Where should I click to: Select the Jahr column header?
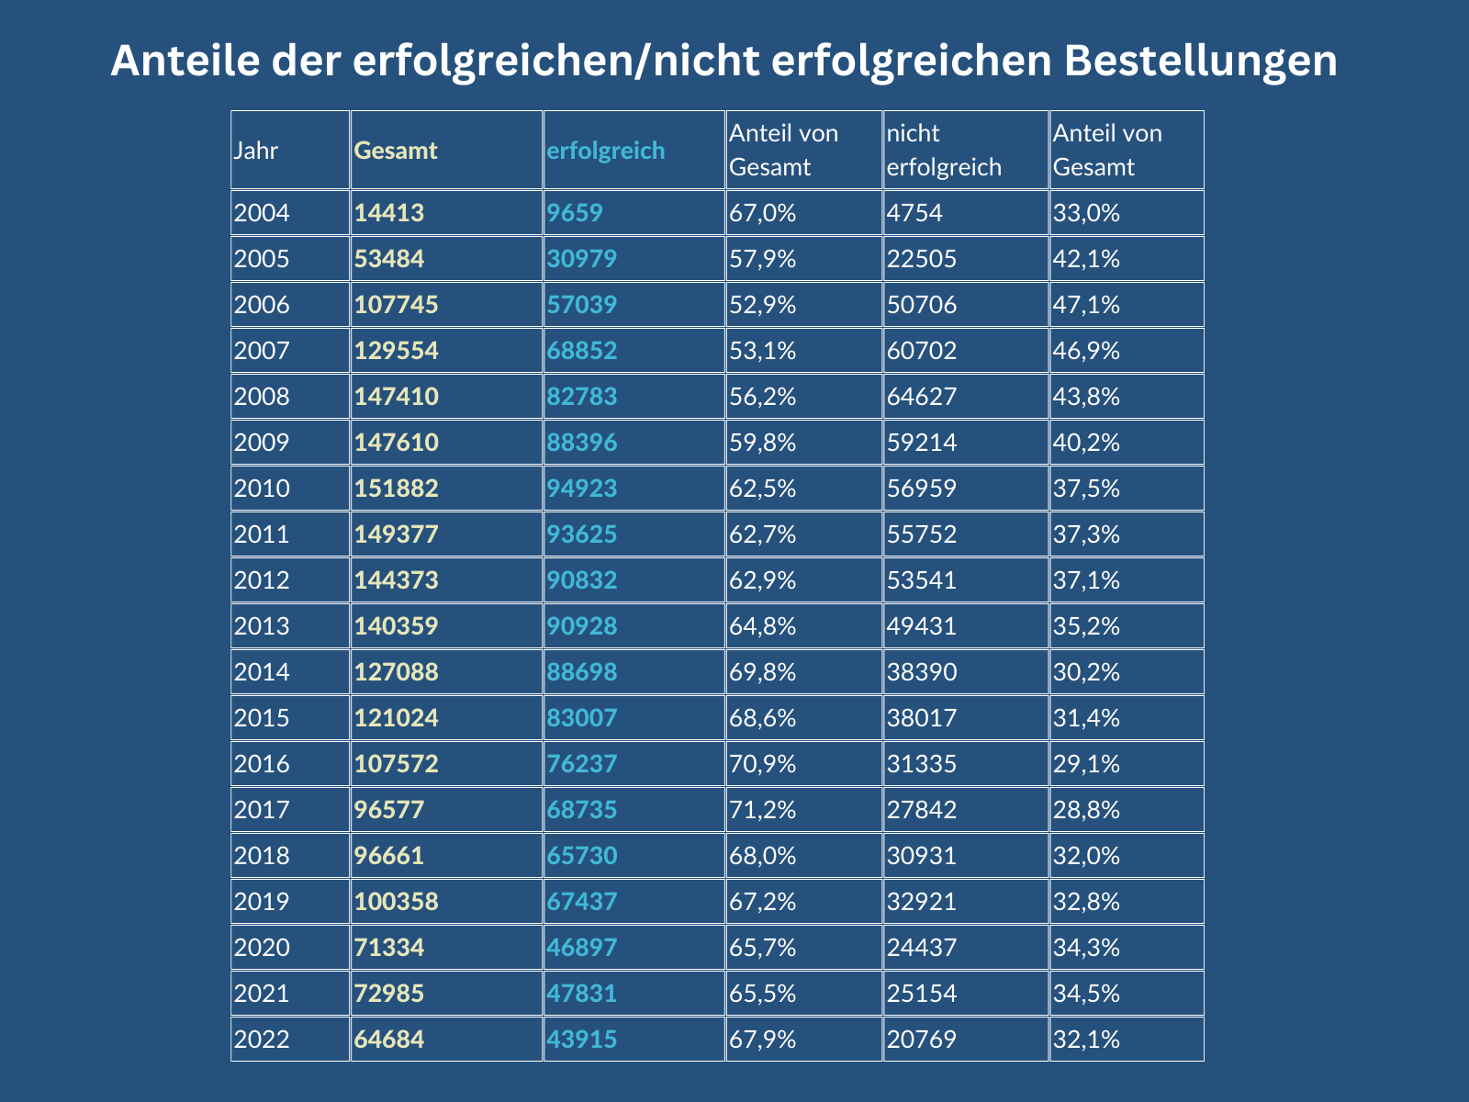point(256,151)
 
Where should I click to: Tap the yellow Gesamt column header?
point(396,151)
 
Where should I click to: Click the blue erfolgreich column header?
point(605,151)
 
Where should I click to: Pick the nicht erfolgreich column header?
point(944,151)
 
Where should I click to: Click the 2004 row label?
point(262,213)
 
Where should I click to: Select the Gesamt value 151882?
point(396,489)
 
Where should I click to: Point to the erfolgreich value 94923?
point(582,489)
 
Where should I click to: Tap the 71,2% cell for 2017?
point(762,810)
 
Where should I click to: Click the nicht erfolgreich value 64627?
point(922,397)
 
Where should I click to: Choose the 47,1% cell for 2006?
point(1086,305)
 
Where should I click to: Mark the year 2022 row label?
point(262,1040)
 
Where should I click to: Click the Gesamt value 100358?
point(396,902)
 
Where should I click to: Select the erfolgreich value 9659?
point(575,213)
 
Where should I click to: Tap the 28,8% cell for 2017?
point(1086,810)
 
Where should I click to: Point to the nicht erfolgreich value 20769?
point(922,1040)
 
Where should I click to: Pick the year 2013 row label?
point(262,626)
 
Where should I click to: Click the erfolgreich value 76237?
point(582,764)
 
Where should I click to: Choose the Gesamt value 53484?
point(389,259)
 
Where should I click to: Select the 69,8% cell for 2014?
point(762,672)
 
